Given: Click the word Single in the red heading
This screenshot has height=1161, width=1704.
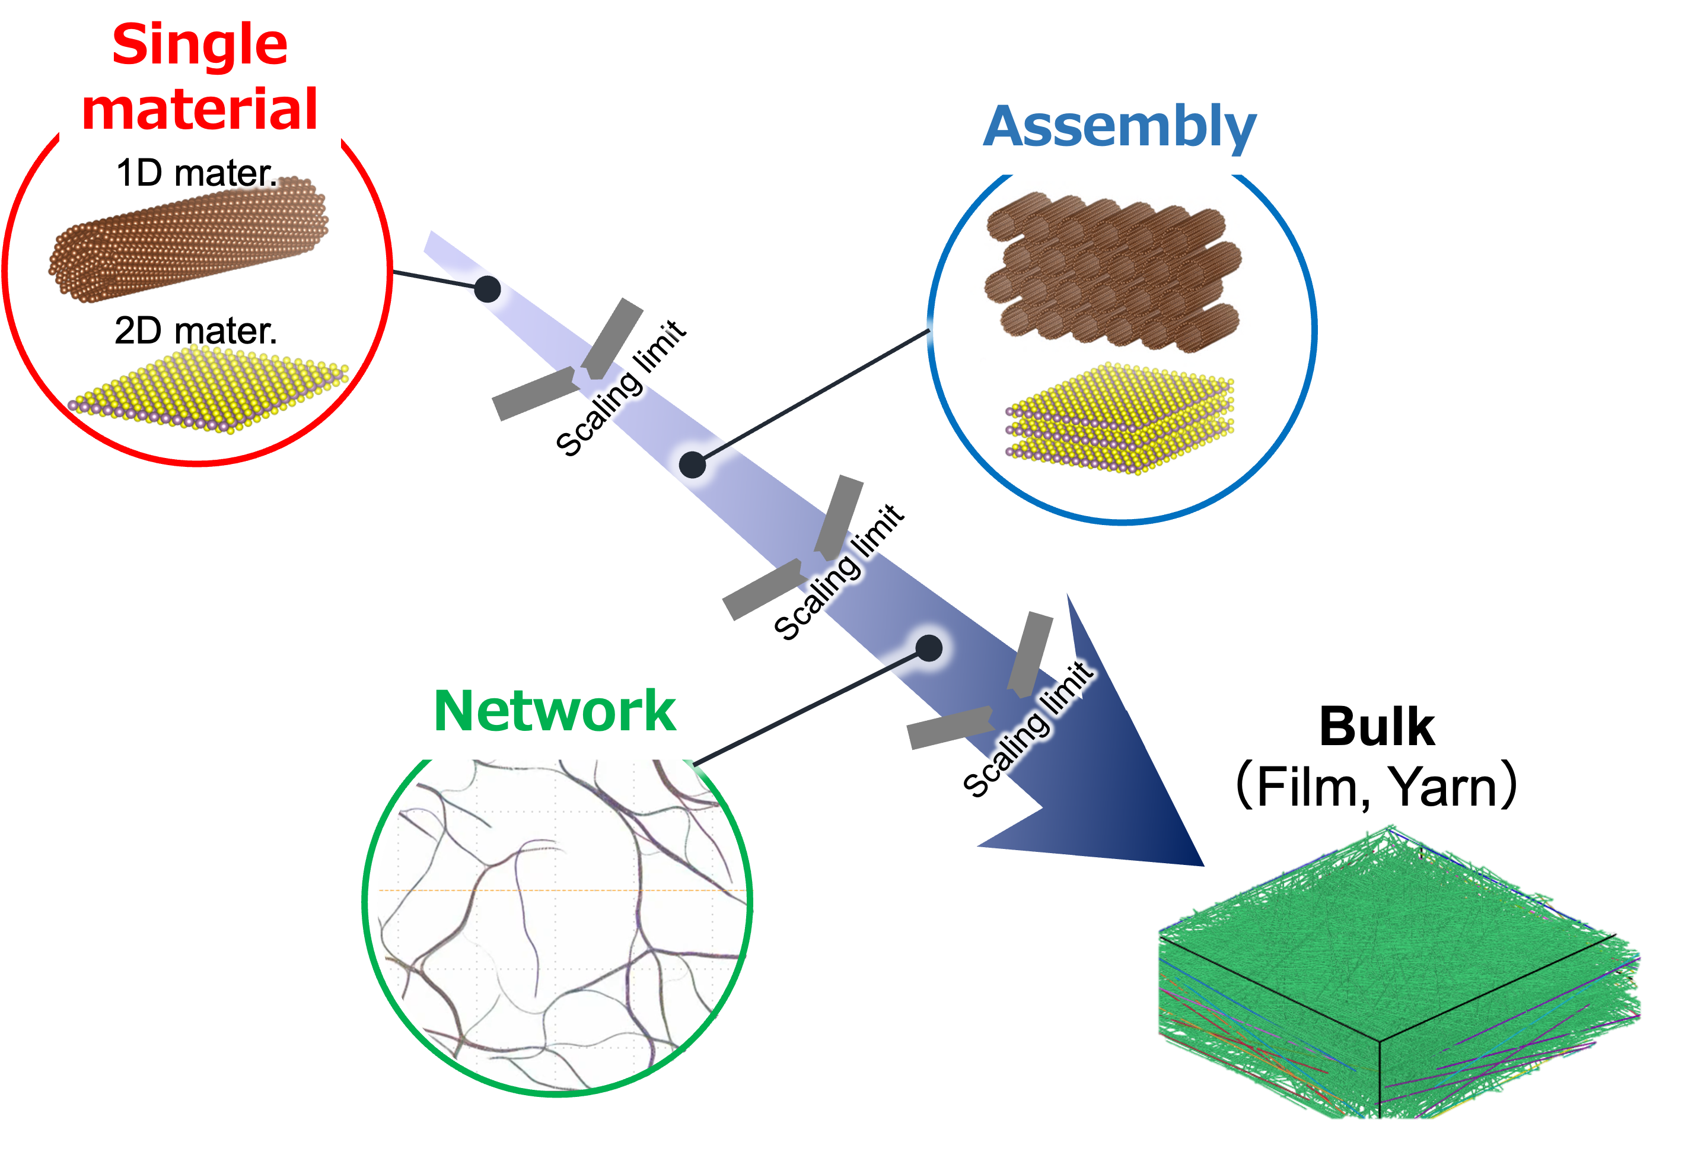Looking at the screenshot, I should point(199,46).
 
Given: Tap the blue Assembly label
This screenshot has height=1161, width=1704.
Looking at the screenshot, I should point(1120,128).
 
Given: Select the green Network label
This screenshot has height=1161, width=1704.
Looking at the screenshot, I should point(555,711).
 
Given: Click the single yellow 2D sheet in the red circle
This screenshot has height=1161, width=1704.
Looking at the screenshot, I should point(209,389).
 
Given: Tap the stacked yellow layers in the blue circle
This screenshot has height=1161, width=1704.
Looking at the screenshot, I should point(1120,418).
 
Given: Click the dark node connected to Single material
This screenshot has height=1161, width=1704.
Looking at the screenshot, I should point(488,289).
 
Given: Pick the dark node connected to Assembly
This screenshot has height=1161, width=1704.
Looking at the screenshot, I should point(692,465).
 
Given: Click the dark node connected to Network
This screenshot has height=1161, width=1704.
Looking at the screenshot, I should point(929,648).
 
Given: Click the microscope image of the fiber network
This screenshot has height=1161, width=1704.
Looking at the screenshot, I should point(558,924).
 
